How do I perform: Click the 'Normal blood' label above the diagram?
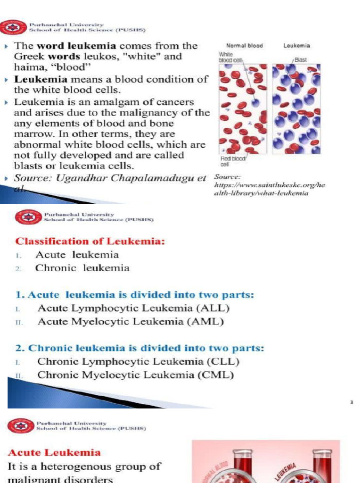click(244, 46)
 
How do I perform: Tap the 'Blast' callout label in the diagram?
click(300, 60)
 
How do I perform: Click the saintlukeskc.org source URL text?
click(270, 189)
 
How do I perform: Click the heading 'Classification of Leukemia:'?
click(90, 241)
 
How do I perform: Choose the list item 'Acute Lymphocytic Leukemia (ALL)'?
click(133, 308)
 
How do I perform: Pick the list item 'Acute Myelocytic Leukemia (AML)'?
click(131, 322)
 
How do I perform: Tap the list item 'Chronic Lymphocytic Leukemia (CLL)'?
click(139, 362)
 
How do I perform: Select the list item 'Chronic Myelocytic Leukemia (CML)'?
click(136, 375)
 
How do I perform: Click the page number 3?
click(351, 402)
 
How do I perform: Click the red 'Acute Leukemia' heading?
click(54, 452)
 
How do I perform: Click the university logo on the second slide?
click(25, 217)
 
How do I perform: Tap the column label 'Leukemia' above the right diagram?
click(296, 46)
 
